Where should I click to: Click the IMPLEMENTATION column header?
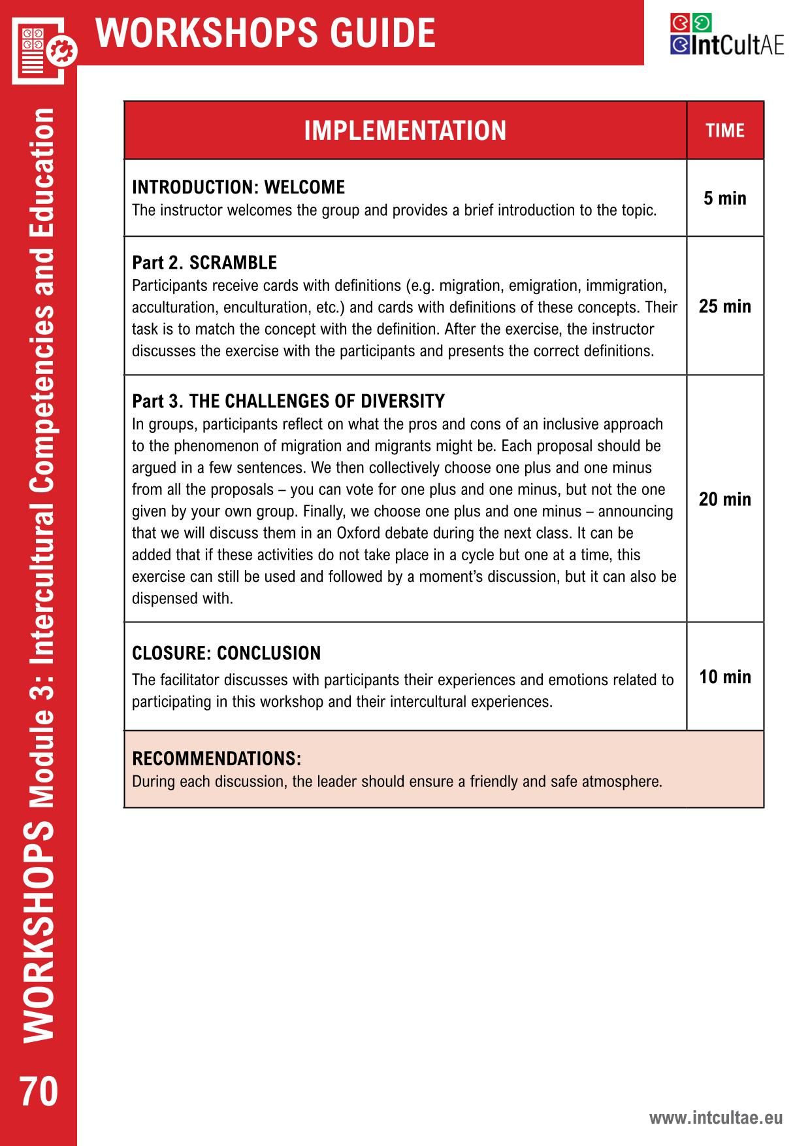click(405, 131)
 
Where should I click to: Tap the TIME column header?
click(725, 131)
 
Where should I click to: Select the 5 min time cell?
click(725, 198)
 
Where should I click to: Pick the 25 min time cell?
click(725, 306)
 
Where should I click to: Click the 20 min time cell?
click(725, 499)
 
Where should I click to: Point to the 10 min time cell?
click(725, 677)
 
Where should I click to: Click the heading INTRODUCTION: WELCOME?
click(238, 188)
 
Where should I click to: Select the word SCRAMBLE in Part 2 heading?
click(233, 263)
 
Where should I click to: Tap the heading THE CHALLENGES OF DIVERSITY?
click(317, 401)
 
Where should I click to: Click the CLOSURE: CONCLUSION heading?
click(226, 653)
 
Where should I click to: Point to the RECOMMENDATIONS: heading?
click(216, 758)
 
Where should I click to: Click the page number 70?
click(39, 1091)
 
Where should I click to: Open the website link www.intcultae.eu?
click(715, 1117)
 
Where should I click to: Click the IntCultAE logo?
click(726, 36)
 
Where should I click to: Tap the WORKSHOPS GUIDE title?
click(265, 33)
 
